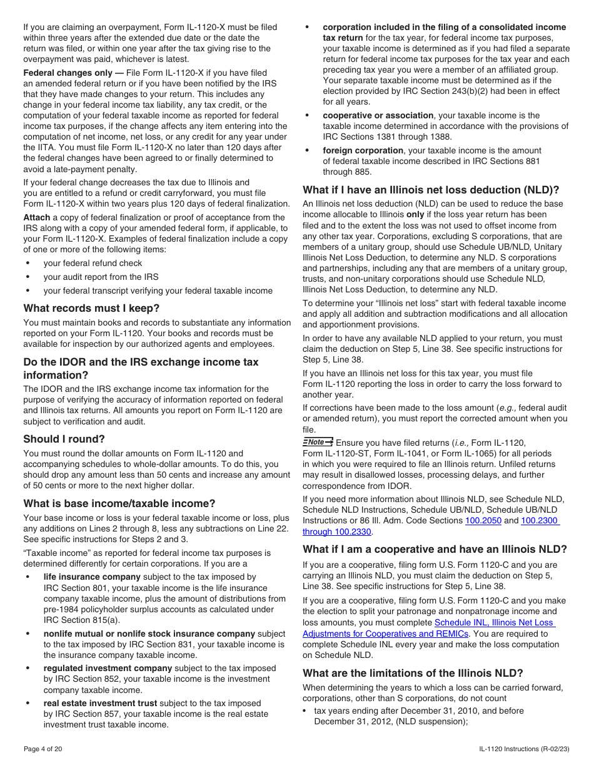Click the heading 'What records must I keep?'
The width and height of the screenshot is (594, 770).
point(91,308)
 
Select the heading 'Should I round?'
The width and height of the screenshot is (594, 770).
point(64,439)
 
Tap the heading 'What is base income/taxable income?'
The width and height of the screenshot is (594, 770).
point(119,503)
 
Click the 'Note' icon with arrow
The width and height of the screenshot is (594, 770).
point(318,442)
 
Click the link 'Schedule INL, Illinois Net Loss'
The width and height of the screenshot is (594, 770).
point(494,622)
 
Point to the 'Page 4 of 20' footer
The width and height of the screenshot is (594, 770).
point(43,749)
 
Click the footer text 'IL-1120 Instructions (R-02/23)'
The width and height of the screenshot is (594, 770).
point(525,749)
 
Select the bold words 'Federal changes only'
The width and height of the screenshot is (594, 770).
point(68,73)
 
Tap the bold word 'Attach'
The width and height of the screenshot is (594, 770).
point(37,217)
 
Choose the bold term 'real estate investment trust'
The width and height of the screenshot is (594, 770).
point(100,703)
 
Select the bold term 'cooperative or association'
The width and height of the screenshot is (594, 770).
point(378,115)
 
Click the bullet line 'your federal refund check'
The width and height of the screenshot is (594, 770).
point(93,263)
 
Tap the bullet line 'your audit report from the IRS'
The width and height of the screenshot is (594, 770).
point(101,277)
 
